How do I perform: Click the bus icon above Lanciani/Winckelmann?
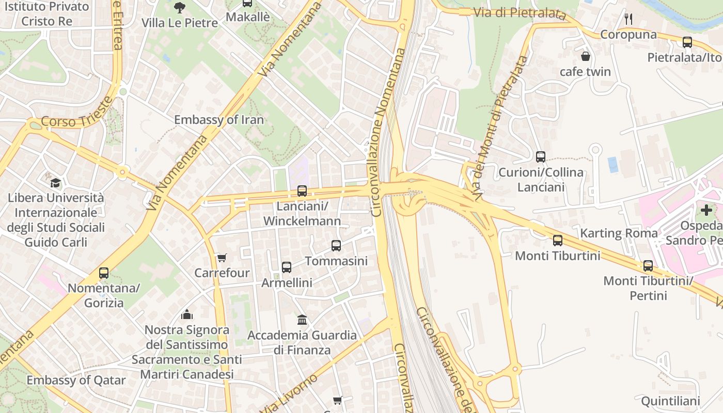coord(302,191)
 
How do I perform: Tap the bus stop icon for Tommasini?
coord(336,246)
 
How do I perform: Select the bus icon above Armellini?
coord(287,267)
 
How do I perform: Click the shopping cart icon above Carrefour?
coord(222,258)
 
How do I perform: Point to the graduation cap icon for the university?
coord(55,183)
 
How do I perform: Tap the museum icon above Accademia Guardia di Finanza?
coord(302,320)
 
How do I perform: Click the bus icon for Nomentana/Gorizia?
coord(104,273)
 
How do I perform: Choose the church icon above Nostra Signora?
coord(187,314)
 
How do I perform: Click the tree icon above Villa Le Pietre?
coord(179,7)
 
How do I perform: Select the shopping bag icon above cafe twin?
coord(586,56)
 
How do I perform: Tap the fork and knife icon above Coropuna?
coord(628,20)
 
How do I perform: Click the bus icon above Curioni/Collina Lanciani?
coord(541,157)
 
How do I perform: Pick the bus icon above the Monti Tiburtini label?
coord(558,241)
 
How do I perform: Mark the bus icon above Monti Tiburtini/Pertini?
coord(648,266)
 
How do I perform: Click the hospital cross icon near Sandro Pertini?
coord(706,210)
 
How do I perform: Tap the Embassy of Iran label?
coord(218,120)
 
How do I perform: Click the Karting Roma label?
coord(619,233)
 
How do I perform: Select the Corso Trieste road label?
coord(76,114)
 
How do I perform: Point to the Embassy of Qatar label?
coord(76,380)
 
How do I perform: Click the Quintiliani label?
coord(670,401)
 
